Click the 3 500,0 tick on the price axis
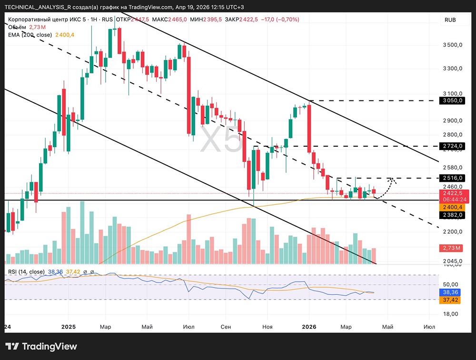(x=453, y=45)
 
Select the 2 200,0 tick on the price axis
(x=453, y=231)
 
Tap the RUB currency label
(x=450, y=20)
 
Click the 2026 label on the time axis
(x=309, y=327)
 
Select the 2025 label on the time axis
(x=68, y=327)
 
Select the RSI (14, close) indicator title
(x=26, y=272)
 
